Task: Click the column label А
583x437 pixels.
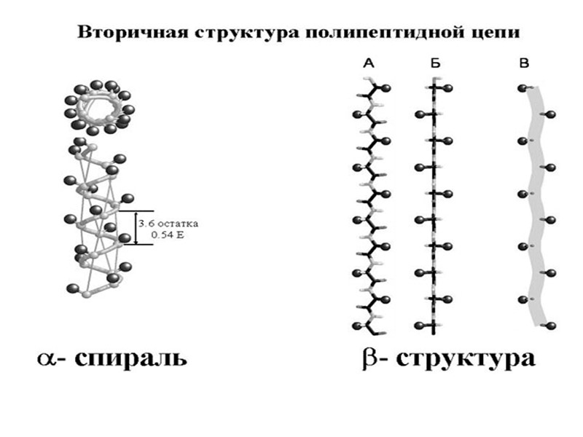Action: click(368, 65)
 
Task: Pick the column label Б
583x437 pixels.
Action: click(435, 65)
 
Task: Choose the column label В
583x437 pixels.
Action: click(523, 65)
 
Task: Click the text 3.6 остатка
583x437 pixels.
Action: click(171, 223)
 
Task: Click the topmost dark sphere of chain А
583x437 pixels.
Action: click(386, 88)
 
